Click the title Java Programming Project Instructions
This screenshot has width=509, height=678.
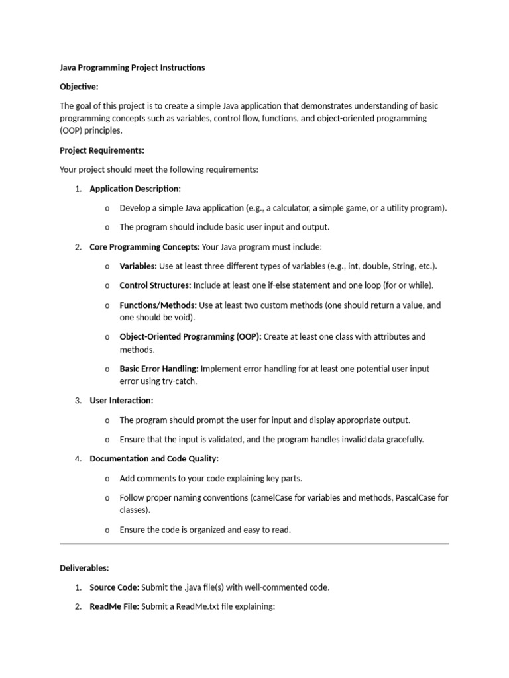(x=132, y=68)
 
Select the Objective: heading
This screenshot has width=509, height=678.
(x=79, y=87)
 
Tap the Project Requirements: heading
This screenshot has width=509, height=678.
(x=102, y=150)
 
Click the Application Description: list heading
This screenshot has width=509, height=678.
(x=135, y=189)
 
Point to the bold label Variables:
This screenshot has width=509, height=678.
(x=138, y=266)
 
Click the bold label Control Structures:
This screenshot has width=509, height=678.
(x=155, y=285)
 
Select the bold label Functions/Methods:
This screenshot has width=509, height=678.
(x=158, y=305)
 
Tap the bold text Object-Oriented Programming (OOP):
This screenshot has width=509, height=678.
(x=190, y=336)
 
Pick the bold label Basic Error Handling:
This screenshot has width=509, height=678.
(x=158, y=369)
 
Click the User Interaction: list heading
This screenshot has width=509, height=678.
(x=121, y=401)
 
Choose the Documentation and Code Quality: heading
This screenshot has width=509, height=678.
(x=154, y=458)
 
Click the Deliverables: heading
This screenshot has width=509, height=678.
(x=84, y=568)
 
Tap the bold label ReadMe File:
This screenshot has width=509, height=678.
(x=114, y=606)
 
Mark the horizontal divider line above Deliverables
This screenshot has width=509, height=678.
(x=254, y=544)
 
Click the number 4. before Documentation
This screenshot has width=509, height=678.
(x=78, y=458)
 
